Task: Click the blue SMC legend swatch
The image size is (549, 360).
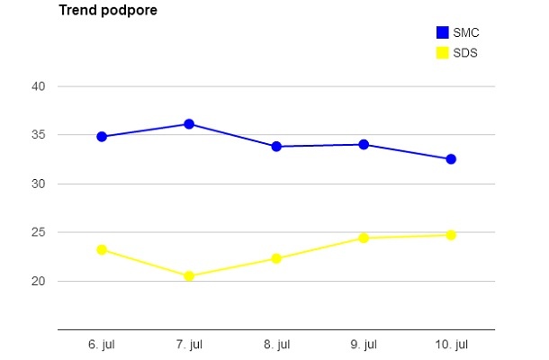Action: click(442, 32)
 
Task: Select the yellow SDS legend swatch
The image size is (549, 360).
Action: click(442, 52)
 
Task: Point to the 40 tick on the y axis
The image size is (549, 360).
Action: click(39, 86)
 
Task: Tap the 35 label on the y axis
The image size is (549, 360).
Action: click(39, 135)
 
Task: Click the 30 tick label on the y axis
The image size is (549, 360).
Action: click(39, 184)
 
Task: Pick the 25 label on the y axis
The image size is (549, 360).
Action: click(39, 232)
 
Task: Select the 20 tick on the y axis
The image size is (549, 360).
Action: click(39, 281)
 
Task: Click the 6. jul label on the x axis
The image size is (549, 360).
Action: click(102, 345)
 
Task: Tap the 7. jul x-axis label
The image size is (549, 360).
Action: click(189, 345)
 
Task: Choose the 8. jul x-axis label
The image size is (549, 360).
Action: click(276, 345)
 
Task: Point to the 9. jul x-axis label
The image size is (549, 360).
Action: click(364, 345)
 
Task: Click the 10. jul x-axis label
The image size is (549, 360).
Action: click(451, 345)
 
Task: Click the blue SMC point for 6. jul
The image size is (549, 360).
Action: click(102, 137)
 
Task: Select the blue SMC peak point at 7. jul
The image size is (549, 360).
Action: click(189, 124)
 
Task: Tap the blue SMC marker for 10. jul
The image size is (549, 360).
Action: click(451, 159)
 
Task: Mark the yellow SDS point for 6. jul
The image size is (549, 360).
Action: click(102, 249)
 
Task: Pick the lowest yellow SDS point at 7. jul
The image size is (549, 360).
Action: click(189, 276)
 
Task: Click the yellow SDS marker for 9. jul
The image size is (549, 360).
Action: click(364, 238)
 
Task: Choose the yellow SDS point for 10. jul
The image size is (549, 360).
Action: click(451, 235)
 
